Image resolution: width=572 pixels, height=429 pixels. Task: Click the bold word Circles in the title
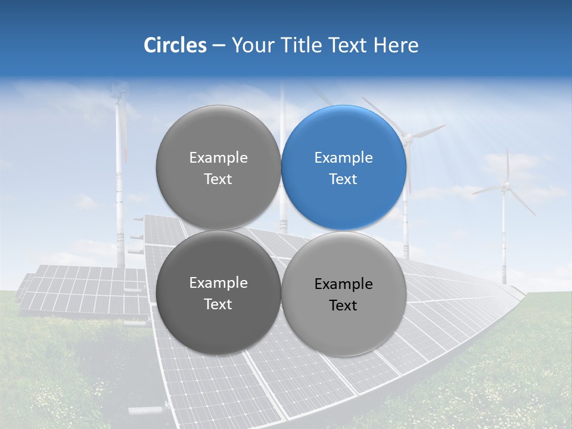coord(175,45)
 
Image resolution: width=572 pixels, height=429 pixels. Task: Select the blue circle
coord(344,167)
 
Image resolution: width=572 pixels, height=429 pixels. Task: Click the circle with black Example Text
coord(344,294)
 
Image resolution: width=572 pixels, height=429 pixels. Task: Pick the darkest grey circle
coord(218,293)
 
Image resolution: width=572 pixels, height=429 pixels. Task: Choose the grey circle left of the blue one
coord(218,167)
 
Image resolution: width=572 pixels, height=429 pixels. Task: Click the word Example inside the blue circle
coord(343,158)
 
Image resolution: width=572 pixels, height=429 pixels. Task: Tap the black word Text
coord(343,305)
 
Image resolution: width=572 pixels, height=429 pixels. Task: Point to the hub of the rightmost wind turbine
coord(506,186)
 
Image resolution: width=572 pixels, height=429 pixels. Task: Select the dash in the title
coord(218,45)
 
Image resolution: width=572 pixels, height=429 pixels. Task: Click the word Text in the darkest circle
coord(218,304)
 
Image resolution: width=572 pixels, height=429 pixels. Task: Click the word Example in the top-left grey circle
coord(218,158)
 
